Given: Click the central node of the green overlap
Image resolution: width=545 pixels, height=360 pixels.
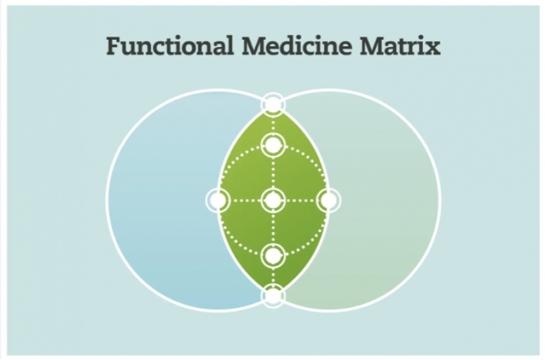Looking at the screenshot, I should pos(273,200).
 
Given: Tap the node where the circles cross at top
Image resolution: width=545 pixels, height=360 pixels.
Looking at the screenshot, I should pos(273,104).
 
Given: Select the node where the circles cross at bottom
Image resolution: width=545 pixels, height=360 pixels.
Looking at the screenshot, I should pos(273,295).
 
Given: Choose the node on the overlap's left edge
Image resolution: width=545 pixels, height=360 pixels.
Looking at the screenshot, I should pos(217,200).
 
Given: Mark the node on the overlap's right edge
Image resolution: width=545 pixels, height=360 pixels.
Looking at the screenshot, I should pos(328,200).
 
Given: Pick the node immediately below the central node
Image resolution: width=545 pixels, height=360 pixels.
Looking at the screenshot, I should pos(273,255).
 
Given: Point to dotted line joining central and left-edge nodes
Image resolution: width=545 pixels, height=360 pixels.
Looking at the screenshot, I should pos(245,200).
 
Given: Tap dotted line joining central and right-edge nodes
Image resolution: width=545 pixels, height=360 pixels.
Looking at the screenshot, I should pos(300,200).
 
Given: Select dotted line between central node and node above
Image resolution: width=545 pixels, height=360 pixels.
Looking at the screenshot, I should pos(273,172).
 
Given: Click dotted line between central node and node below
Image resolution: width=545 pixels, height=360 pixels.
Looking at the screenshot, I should pos(273,228).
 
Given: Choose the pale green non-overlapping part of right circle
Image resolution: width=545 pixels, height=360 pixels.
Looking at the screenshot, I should pos(388,200).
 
